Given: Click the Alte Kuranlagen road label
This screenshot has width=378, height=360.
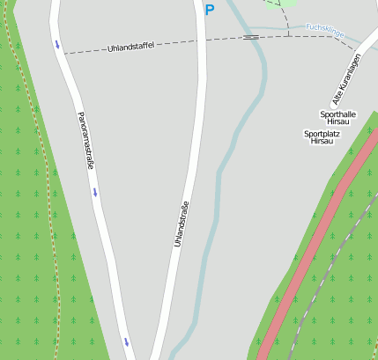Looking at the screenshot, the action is click(346, 79).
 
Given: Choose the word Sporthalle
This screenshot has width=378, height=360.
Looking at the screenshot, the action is click(337, 114).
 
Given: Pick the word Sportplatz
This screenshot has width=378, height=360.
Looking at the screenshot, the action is click(322, 134).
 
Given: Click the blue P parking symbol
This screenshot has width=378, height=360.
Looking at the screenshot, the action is click(209, 11).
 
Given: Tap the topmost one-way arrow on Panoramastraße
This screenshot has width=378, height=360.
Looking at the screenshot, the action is click(57, 44).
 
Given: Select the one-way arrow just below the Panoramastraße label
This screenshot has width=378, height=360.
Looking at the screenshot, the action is click(94, 192).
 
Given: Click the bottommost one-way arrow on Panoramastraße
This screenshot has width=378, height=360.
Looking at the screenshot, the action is click(126, 342).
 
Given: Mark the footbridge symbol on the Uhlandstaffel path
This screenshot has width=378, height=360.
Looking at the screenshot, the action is click(251, 37).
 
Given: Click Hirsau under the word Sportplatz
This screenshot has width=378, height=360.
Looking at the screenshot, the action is click(323, 142).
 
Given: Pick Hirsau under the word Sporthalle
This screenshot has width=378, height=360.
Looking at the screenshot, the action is click(338, 122).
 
